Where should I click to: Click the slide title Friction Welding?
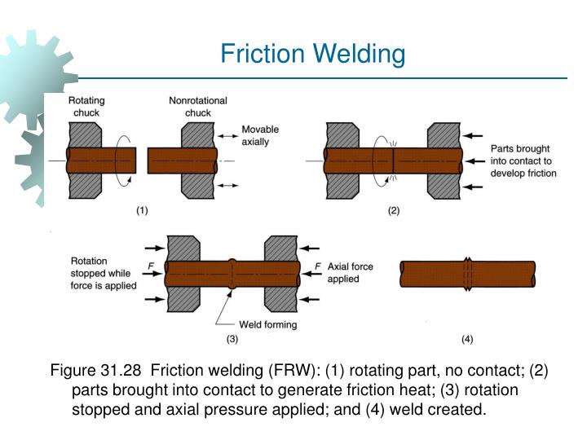click(x=313, y=54)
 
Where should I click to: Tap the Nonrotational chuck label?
click(x=197, y=106)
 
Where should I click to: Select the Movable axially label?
click(x=260, y=135)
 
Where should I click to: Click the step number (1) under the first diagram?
click(x=142, y=211)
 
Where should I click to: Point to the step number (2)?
click(x=394, y=211)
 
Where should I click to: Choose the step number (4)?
click(x=466, y=337)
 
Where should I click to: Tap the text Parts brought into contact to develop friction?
click(x=523, y=161)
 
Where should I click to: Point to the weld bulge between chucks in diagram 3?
click(x=232, y=273)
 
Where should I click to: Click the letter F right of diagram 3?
click(x=317, y=265)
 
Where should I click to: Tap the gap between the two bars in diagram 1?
click(x=142, y=161)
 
